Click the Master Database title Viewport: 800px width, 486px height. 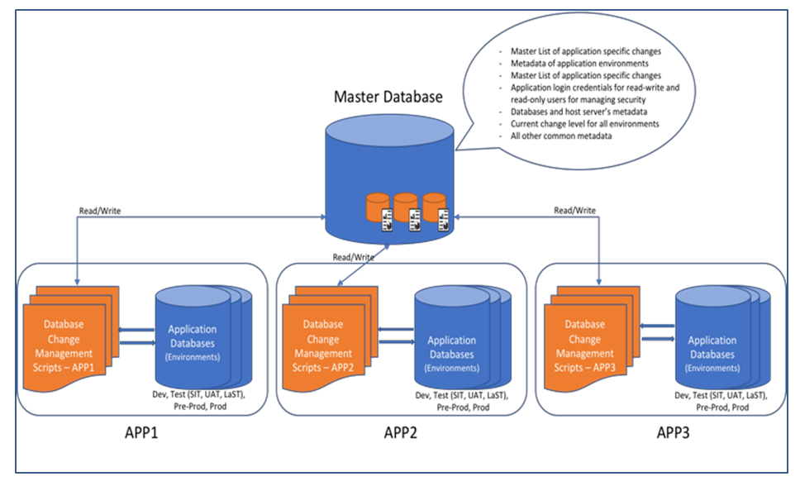pos(388,97)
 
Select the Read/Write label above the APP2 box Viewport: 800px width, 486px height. pos(353,257)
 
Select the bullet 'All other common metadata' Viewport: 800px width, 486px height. pos(561,136)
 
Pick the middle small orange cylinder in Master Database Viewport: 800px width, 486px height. pos(405,207)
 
